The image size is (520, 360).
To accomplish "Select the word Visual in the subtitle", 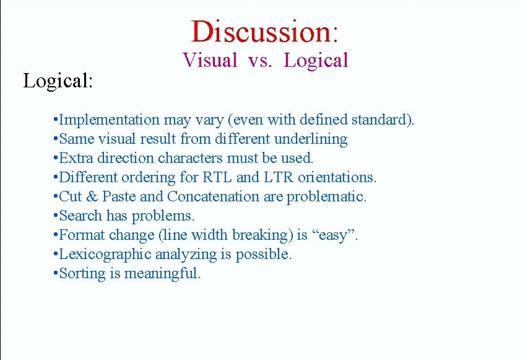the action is click(210, 60).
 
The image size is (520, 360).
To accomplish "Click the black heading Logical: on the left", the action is click(58, 81).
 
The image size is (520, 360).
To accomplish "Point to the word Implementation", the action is click(109, 120).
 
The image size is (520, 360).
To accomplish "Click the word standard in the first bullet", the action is click(379, 120).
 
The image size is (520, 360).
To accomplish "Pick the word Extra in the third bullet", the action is click(76, 158).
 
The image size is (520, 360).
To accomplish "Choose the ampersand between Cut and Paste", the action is click(92, 196).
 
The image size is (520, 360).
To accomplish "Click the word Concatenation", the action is click(213, 196).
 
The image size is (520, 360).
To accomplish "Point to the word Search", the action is click(80, 216).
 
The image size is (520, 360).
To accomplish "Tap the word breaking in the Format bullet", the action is click(261, 235).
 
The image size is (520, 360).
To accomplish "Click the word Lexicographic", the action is click(105, 255).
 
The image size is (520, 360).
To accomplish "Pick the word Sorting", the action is click(82, 274).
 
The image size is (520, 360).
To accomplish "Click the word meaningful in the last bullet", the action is click(161, 274).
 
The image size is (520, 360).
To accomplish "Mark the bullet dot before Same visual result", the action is click(55, 138).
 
